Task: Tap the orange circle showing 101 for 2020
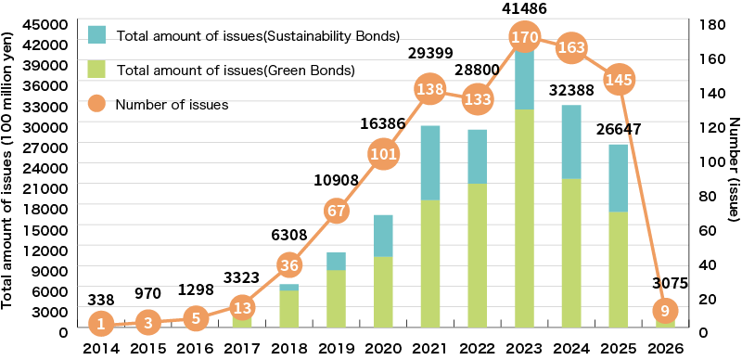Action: [383, 154]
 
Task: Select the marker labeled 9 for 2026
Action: [665, 310]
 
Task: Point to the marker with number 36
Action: [288, 264]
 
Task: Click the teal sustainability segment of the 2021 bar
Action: [429, 162]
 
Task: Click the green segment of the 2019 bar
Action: [336, 298]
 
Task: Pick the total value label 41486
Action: [524, 8]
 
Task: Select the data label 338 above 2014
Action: [101, 299]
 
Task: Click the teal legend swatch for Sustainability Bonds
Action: [98, 35]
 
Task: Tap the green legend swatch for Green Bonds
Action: [98, 69]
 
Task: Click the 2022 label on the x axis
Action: [477, 349]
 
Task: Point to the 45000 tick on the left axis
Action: [48, 23]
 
